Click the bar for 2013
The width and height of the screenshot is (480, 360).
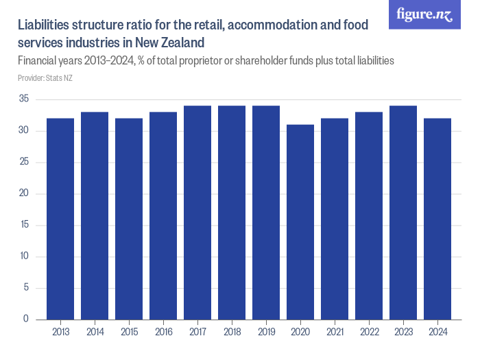pos(60,219)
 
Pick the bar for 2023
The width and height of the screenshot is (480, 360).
pos(403,213)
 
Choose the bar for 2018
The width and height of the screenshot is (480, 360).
pos(232,213)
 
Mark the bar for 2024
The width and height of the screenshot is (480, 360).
pos(437,219)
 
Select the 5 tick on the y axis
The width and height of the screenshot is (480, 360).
pos(26,288)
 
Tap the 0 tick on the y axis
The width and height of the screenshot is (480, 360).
pos(26,319)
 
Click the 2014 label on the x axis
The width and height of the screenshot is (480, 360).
pos(95,333)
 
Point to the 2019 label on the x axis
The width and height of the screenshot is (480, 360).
pos(266,333)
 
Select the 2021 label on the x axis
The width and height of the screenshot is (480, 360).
pos(335,333)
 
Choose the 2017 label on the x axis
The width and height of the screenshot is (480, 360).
pos(197,333)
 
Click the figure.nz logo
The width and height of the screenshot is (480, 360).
pos(424,14)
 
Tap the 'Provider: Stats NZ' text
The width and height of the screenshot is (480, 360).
pos(45,78)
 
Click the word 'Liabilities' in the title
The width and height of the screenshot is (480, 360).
pos(45,26)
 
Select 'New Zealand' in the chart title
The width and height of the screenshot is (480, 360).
pos(163,43)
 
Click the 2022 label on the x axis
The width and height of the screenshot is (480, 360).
pos(369,333)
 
